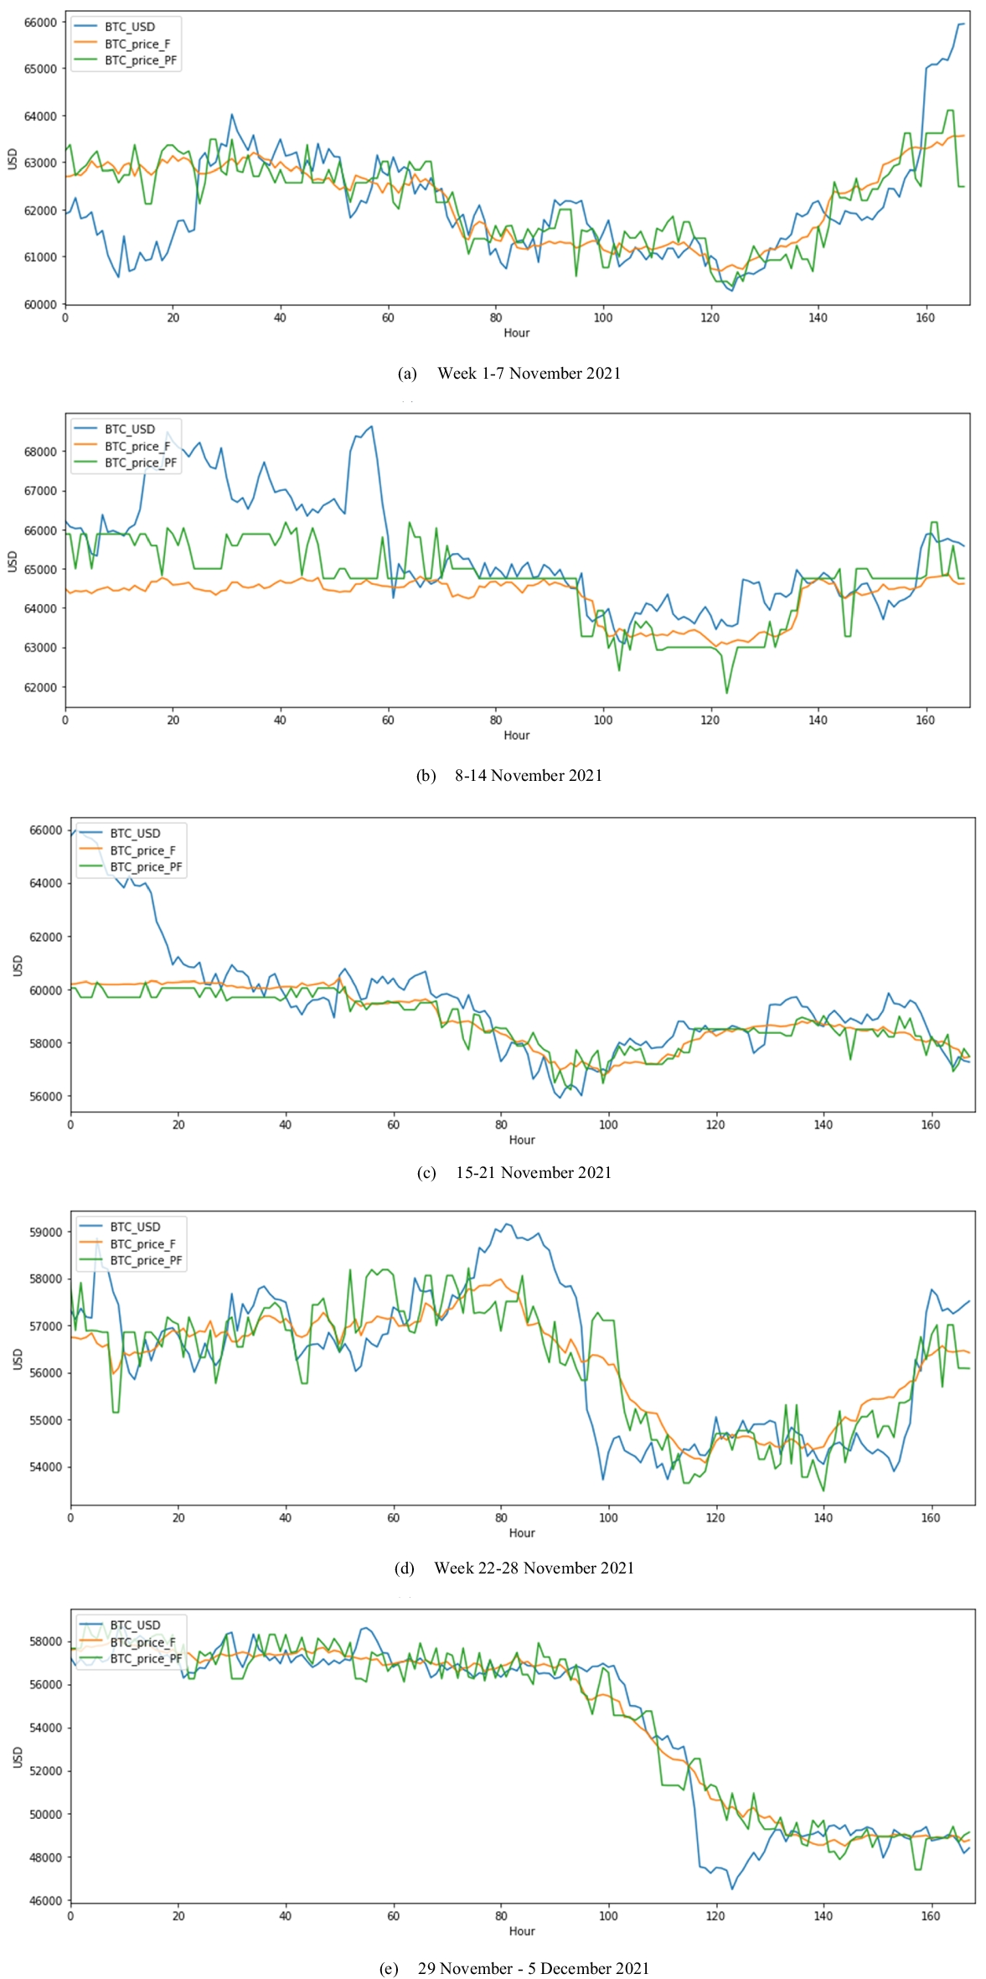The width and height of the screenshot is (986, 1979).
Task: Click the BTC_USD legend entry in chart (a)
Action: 129,27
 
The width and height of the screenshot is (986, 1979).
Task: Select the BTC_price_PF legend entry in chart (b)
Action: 140,462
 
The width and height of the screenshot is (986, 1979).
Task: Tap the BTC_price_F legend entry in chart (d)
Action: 142,1243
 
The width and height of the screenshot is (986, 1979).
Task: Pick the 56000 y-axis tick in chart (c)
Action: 45,1096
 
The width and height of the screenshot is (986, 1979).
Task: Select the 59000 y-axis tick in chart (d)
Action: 45,1232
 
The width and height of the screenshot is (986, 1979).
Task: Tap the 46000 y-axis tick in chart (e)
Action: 45,1900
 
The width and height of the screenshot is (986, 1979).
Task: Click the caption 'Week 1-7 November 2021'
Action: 529,373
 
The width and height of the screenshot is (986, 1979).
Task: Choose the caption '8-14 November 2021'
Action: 529,775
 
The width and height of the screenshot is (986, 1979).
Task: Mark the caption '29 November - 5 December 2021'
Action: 533,1968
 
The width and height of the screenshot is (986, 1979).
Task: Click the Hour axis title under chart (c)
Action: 521,1139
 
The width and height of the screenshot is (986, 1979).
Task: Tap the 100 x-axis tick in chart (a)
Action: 602,318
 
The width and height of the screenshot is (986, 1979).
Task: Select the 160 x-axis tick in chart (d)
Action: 930,1517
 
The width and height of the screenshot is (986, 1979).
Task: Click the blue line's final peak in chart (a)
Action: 962,23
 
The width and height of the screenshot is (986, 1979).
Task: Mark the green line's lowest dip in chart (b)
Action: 726,693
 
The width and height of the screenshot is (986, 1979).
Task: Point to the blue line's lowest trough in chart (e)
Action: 731,1889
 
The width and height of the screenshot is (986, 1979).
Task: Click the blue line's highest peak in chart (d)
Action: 506,1224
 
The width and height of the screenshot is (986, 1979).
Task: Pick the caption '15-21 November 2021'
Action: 533,1172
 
